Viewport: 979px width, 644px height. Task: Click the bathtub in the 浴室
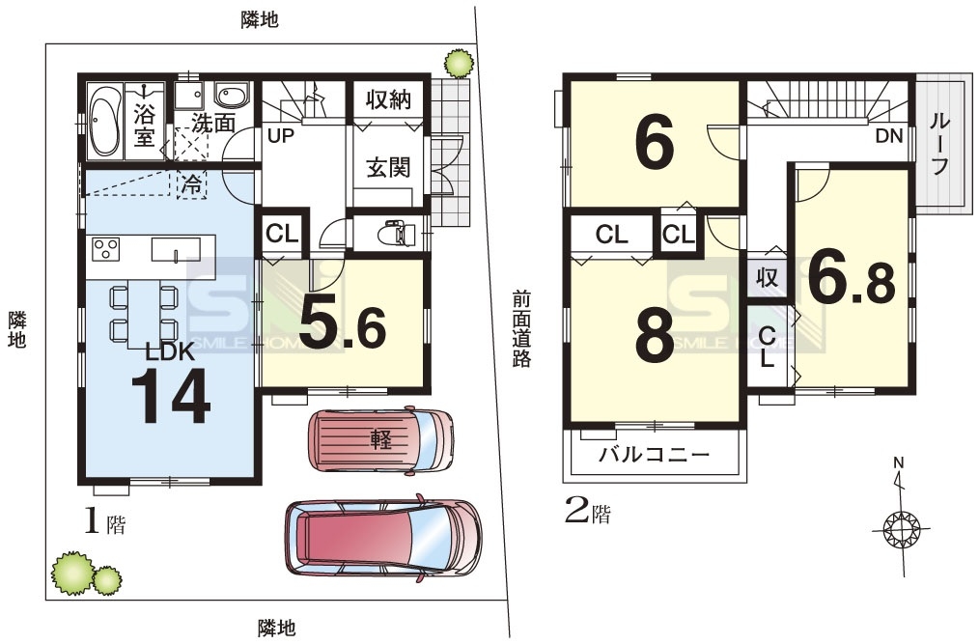click(x=105, y=121)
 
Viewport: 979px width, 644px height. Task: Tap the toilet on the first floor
click(x=397, y=234)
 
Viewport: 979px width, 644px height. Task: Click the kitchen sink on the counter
click(x=176, y=249)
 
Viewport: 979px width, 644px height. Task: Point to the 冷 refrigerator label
click(x=193, y=184)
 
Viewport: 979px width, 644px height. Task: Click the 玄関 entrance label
click(x=388, y=167)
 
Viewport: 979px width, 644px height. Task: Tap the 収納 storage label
click(x=388, y=99)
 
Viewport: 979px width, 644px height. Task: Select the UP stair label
click(x=281, y=135)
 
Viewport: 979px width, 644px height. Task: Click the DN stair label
click(x=889, y=135)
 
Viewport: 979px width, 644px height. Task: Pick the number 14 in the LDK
click(x=171, y=396)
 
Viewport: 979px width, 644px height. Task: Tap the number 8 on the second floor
click(x=655, y=336)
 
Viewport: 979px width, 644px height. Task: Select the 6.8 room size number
click(x=852, y=280)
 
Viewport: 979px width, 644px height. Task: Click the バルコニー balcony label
click(x=655, y=454)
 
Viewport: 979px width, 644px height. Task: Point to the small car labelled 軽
click(x=380, y=441)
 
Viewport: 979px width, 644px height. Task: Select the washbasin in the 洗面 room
click(x=232, y=95)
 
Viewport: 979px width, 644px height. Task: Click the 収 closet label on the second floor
click(x=767, y=277)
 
